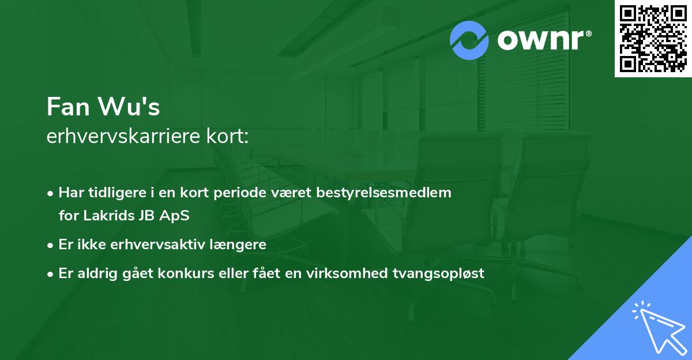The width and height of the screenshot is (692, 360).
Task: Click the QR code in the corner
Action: tap(653, 39)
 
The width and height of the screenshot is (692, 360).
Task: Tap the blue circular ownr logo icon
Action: tap(469, 40)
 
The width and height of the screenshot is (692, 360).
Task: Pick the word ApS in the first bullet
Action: tap(176, 215)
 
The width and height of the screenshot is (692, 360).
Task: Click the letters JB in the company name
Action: tap(146, 215)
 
